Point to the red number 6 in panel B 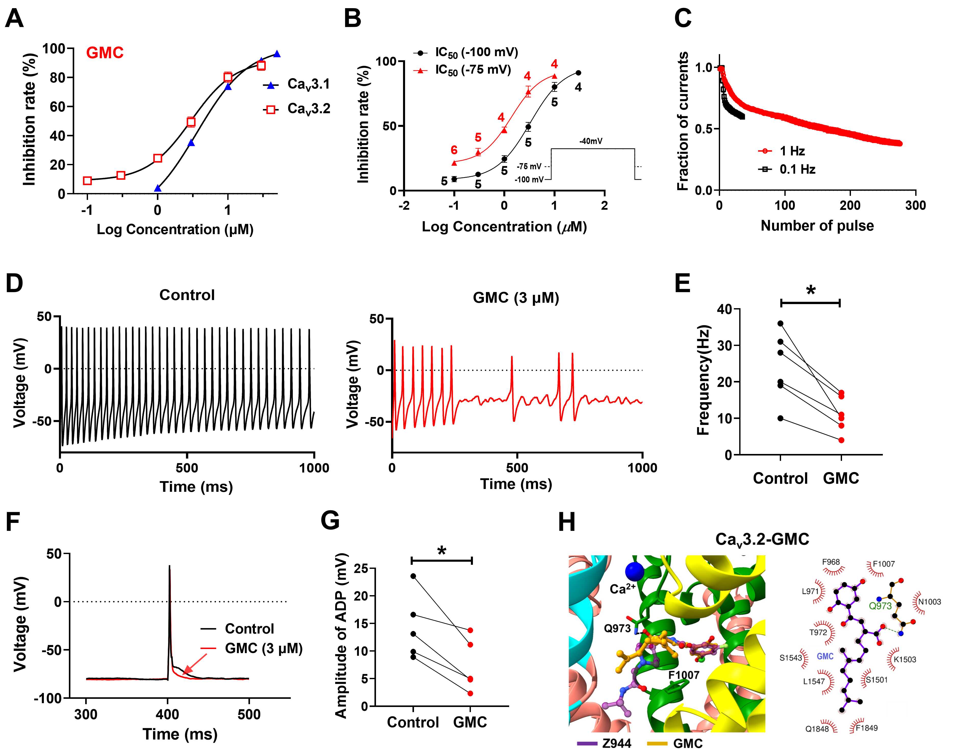454,150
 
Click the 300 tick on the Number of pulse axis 915,205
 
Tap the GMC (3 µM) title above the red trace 516,298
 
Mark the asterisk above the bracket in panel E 810,291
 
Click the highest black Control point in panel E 780,323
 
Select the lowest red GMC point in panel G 470,693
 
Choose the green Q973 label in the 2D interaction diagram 880,606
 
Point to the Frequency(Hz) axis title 703,381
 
